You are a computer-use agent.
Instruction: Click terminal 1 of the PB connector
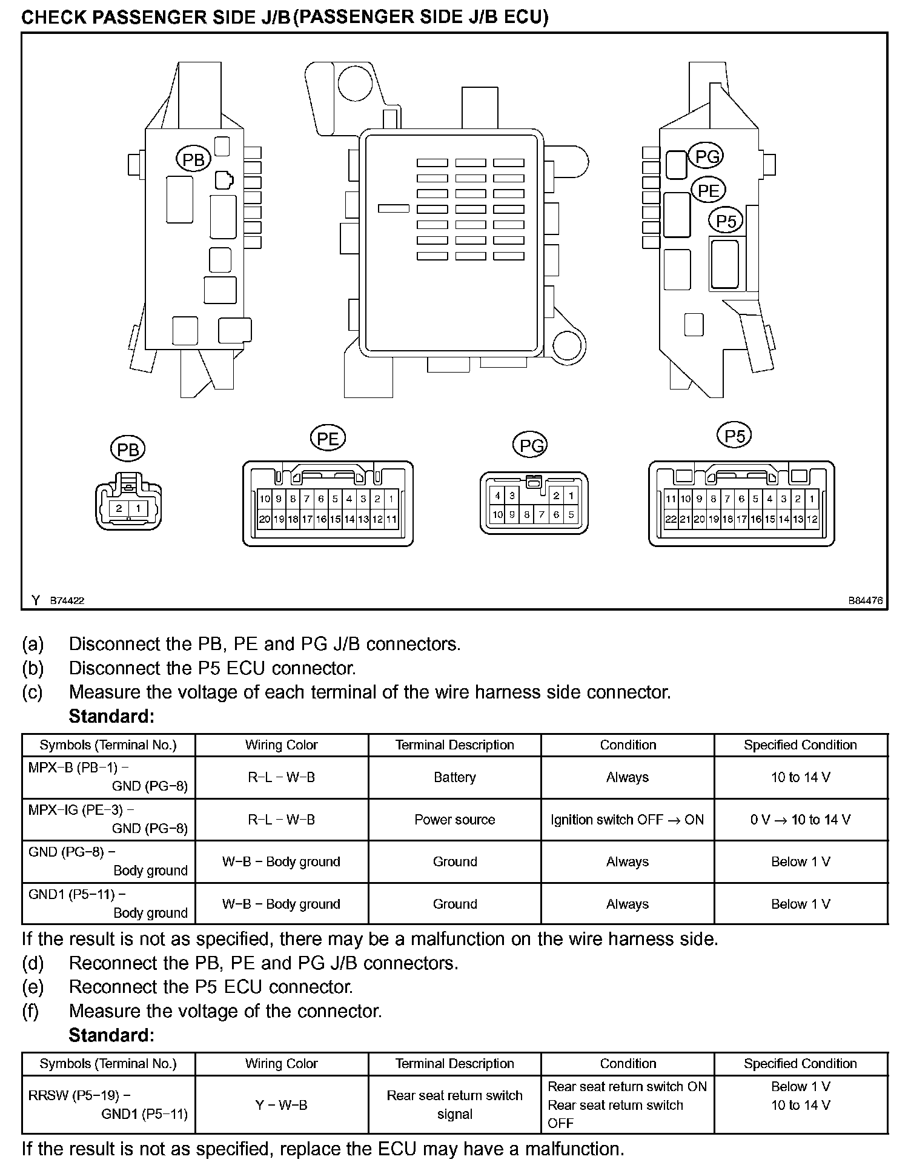click(138, 508)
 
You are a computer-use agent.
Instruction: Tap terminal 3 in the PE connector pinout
click(363, 499)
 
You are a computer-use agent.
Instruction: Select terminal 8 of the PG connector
click(527, 515)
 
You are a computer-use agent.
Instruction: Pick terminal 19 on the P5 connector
click(714, 519)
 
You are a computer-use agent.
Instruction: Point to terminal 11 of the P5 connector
click(671, 499)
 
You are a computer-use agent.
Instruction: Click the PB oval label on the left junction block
click(193, 159)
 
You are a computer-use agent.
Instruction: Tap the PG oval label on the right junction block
click(707, 157)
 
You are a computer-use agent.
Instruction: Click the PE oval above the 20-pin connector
click(328, 439)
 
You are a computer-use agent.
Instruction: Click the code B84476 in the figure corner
click(865, 601)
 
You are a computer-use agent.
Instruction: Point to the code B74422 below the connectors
click(67, 601)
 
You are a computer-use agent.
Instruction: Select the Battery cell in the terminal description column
click(454, 777)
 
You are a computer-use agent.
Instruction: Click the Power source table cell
click(454, 820)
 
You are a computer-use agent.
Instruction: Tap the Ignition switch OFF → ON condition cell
click(627, 820)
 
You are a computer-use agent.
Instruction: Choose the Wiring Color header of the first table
click(281, 745)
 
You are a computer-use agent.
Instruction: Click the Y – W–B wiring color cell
click(281, 1105)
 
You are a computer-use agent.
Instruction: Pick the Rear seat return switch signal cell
click(454, 1104)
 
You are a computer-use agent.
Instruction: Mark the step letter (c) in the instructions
click(33, 692)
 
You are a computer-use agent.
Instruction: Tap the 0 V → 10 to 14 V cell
click(800, 820)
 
